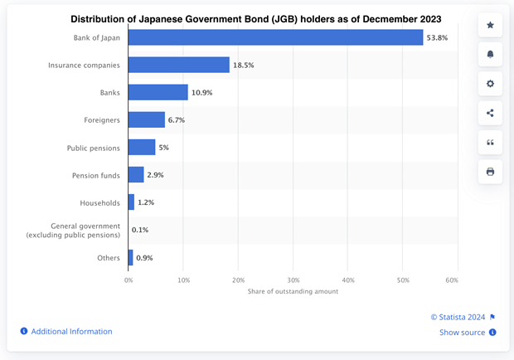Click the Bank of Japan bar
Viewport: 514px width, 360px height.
[275, 37]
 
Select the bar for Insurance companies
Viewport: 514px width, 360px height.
[178, 65]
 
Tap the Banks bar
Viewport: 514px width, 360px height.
[158, 92]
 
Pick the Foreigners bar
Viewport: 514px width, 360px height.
[146, 119]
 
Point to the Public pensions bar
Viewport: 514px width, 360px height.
[141, 147]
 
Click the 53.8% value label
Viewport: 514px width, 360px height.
[438, 37]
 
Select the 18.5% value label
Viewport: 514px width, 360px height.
[244, 65]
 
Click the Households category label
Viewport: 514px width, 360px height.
[99, 202]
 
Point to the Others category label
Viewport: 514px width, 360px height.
[109, 257]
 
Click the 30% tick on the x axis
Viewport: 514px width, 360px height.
[293, 280]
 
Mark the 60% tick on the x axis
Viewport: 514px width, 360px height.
[452, 280]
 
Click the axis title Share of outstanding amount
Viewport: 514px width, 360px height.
[293, 291]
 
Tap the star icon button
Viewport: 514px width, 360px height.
[490, 26]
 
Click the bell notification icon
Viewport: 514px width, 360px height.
[490, 55]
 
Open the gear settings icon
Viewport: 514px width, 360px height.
[490, 84]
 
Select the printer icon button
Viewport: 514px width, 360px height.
[490, 172]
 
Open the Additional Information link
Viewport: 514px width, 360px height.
[71, 331]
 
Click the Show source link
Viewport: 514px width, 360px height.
[463, 333]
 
